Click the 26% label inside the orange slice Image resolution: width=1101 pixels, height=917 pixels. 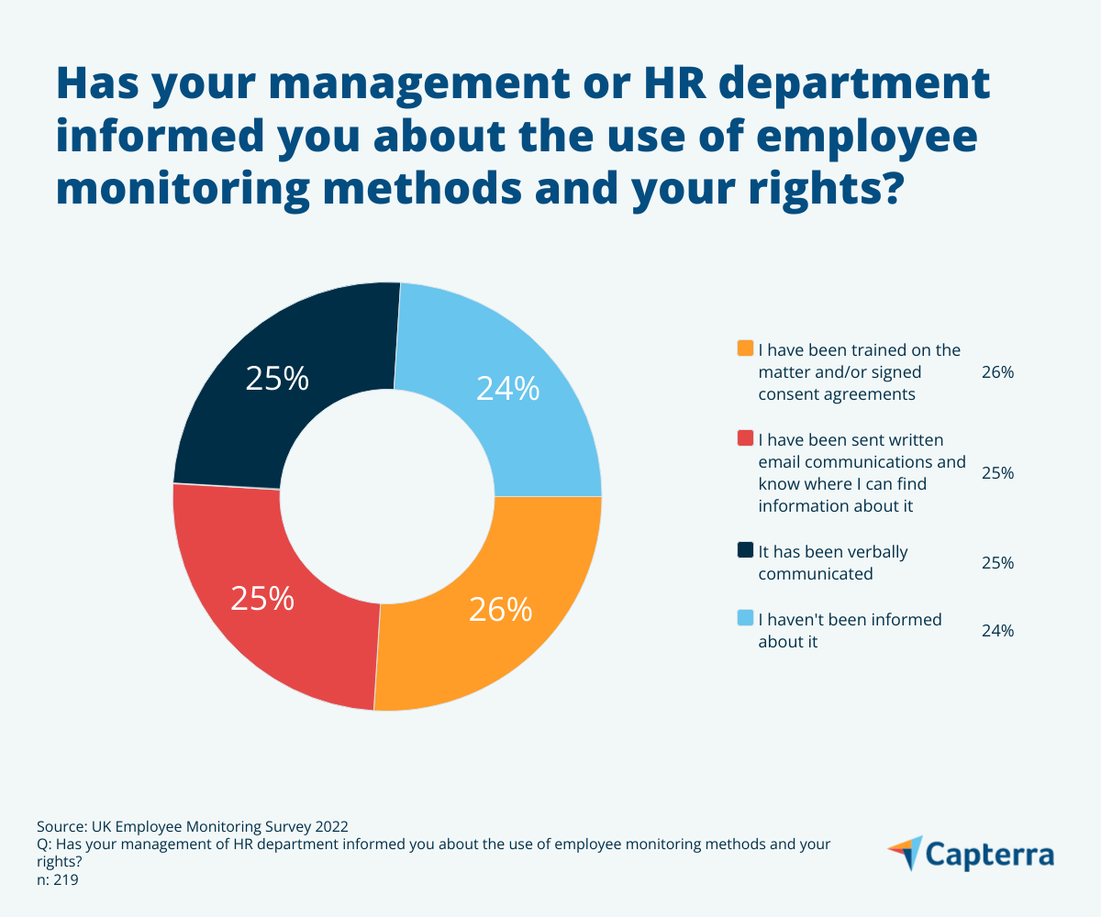click(x=500, y=610)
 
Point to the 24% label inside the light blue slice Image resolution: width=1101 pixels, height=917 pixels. click(x=507, y=390)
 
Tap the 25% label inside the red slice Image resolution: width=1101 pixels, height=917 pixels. click(x=262, y=599)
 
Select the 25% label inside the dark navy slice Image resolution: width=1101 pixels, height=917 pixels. click(x=277, y=379)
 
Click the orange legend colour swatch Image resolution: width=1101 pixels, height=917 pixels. click(x=745, y=349)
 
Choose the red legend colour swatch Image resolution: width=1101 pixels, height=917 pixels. click(x=745, y=439)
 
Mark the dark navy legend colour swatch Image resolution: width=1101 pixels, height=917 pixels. click(x=745, y=551)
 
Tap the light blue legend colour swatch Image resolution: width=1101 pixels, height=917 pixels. click(x=745, y=619)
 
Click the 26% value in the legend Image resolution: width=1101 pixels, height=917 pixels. click(x=997, y=372)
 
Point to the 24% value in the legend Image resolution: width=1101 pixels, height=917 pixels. click(x=997, y=631)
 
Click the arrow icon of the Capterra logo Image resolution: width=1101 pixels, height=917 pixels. click(x=905, y=853)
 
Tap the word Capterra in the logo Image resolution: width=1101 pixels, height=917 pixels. click(x=990, y=855)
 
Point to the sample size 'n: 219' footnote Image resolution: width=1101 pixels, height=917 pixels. click(x=58, y=880)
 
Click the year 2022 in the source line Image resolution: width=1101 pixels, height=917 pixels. click(x=329, y=824)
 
